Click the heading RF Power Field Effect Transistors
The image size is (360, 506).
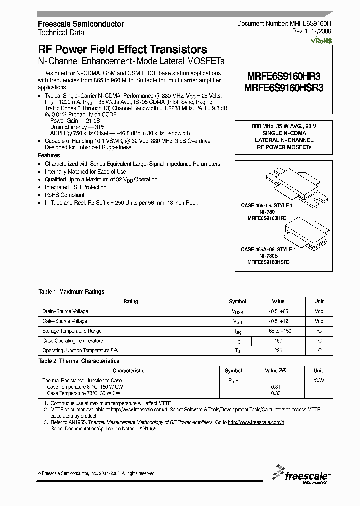pyautogui.click(x=122, y=50)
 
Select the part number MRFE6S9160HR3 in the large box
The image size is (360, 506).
pyautogui.click(x=283, y=76)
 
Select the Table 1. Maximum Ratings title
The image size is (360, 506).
pyautogui.click(x=71, y=292)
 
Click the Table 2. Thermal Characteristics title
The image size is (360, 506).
pyautogui.click(x=79, y=360)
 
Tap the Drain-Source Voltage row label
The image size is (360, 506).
pyautogui.click(x=65, y=311)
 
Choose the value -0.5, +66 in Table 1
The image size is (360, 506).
pyautogui.click(x=278, y=311)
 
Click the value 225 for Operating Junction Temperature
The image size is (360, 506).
pyautogui.click(x=278, y=351)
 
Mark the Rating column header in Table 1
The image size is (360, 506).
pyautogui.click(x=131, y=302)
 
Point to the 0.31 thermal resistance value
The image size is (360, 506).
pyautogui.click(x=275, y=387)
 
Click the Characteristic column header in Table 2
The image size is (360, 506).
pyautogui.click(x=128, y=371)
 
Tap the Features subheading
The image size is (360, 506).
pyautogui.click(x=49, y=156)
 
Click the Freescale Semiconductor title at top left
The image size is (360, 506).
pyautogui.click(x=81, y=24)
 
